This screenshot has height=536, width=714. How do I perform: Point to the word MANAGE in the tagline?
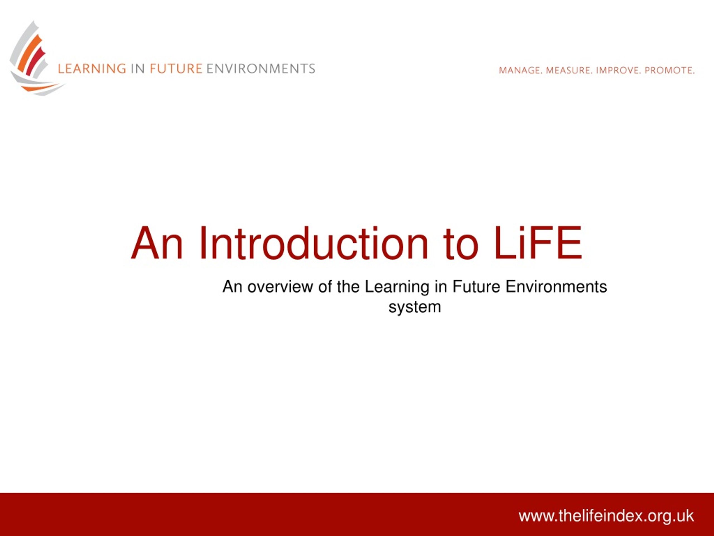(x=520, y=70)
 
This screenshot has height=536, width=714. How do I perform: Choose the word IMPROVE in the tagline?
(x=618, y=70)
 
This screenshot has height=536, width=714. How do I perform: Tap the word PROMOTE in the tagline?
(x=669, y=70)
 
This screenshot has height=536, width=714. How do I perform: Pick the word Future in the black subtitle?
(x=476, y=287)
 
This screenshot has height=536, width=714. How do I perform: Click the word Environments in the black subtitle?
(x=556, y=287)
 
